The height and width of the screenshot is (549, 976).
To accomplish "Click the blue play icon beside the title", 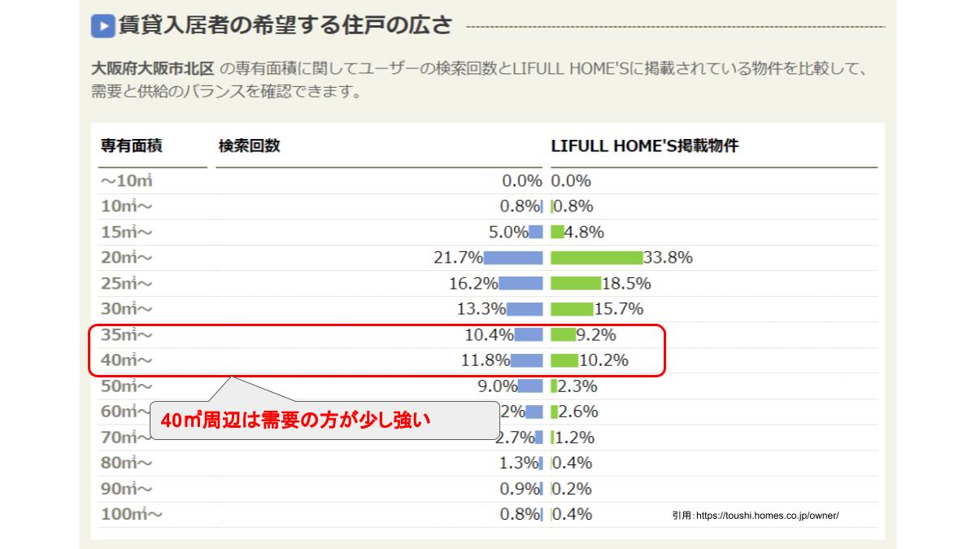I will [102, 26].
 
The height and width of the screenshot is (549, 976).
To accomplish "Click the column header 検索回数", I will [249, 146].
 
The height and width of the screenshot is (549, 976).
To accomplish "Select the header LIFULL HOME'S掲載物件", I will [644, 146].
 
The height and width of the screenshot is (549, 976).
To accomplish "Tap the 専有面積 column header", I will [132, 146].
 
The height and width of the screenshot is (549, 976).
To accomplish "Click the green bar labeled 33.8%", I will [596, 258].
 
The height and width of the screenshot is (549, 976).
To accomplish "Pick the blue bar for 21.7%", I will [513, 258].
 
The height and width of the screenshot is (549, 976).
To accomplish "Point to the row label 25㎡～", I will [126, 284].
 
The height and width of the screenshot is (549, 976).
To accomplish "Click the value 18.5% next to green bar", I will [627, 284].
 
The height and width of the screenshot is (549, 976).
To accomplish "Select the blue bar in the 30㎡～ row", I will [525, 309].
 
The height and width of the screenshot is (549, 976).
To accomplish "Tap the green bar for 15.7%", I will [572, 309].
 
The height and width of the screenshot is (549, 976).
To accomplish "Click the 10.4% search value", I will [490, 334].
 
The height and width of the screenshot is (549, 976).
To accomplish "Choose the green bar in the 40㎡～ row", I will [564, 360].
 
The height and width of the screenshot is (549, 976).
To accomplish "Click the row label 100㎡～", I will [131, 514].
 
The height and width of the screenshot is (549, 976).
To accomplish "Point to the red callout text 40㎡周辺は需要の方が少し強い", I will [294, 421].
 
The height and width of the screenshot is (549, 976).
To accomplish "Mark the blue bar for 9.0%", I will [532, 386].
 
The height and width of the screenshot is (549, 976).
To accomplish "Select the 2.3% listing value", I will [577, 386].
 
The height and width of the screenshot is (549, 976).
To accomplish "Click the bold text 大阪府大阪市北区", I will [153, 69].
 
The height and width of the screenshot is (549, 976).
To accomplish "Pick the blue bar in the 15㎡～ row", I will [536, 232].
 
